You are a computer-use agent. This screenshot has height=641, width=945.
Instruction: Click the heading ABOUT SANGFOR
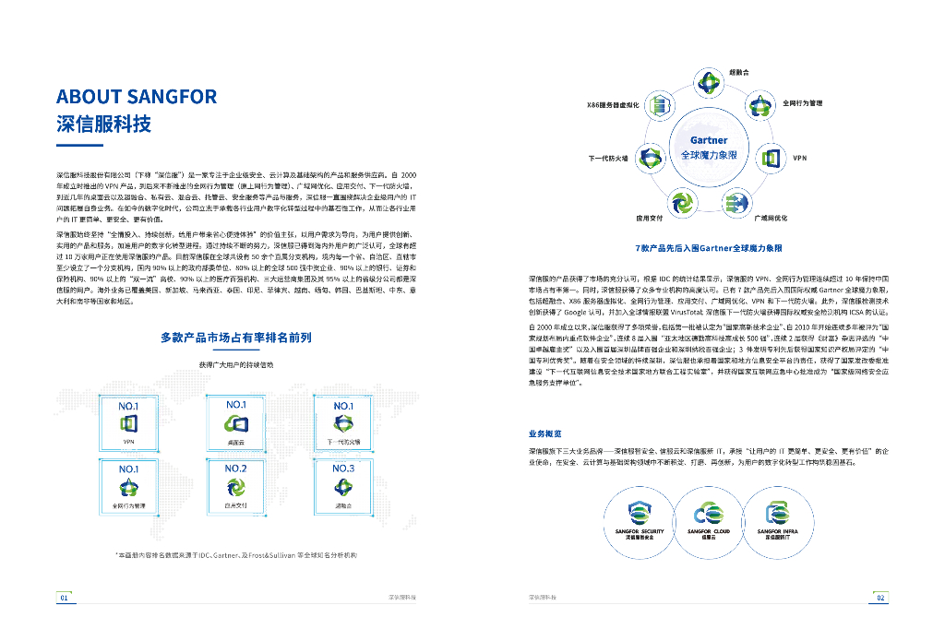[137, 97]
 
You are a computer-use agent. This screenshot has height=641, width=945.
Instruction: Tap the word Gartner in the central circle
[708, 141]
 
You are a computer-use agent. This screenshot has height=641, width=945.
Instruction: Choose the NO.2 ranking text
[235, 469]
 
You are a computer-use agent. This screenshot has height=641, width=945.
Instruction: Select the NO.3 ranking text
[342, 469]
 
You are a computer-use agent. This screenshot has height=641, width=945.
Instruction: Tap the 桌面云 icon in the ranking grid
[236, 424]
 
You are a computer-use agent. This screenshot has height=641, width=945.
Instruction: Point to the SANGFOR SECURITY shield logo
[640, 512]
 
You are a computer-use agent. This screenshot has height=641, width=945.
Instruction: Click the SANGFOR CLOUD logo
[709, 512]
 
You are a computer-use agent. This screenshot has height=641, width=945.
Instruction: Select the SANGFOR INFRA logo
[777, 512]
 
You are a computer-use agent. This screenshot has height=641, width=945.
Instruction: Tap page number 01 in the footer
[64, 598]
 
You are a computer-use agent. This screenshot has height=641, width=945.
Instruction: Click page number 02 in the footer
[880, 598]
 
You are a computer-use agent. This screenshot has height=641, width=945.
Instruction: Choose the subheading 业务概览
[544, 433]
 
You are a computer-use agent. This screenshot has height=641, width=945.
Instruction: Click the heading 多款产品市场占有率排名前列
[235, 338]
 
